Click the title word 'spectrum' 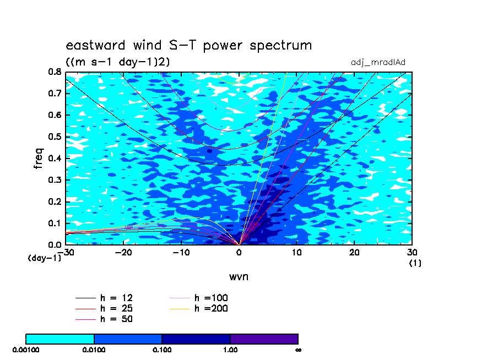point(281,46)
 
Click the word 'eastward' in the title point(95,45)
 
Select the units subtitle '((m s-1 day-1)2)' point(118,62)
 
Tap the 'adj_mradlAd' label point(378,63)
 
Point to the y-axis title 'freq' point(39,158)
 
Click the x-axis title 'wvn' point(239,277)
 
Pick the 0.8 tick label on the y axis point(55,72)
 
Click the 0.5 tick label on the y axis point(55,137)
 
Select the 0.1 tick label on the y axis point(55,223)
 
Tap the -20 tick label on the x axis point(123,252)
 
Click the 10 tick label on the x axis point(296,252)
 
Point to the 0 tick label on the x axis point(239,252)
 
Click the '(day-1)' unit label point(45,258)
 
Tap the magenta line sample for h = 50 point(85,319)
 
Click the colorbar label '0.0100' point(94,350)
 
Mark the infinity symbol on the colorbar point(298,350)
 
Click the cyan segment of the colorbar point(60,339)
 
